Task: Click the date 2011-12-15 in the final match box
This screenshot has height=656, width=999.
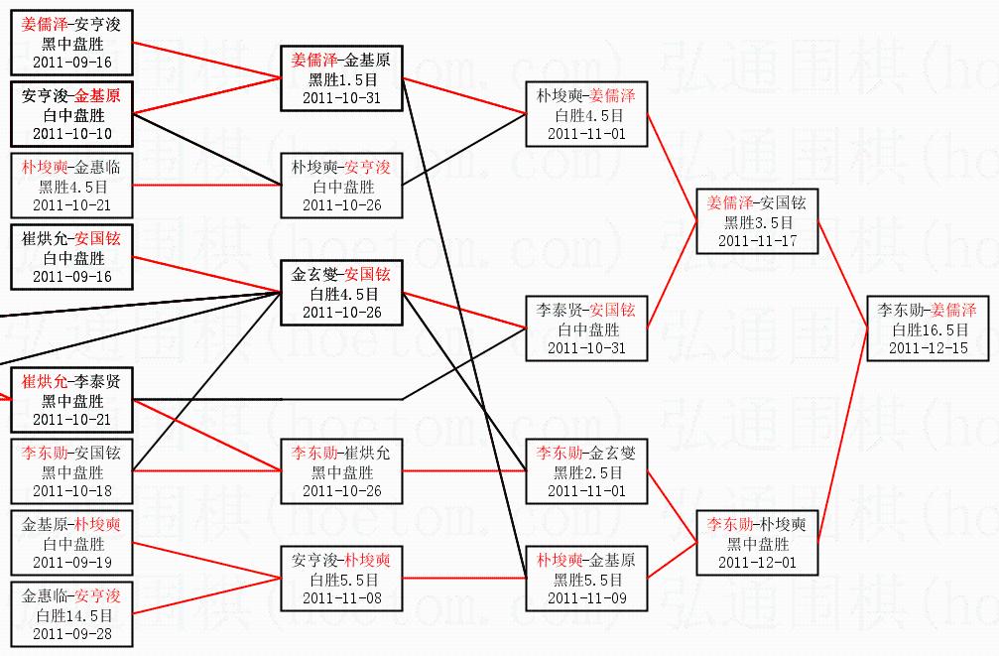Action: pos(928,348)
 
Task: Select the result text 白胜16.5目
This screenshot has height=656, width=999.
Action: pos(928,329)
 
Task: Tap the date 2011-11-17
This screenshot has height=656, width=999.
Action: pos(757,240)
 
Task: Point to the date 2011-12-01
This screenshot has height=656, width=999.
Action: pos(757,562)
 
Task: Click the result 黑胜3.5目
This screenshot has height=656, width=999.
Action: pos(757,222)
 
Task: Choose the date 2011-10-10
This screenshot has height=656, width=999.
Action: pos(72,133)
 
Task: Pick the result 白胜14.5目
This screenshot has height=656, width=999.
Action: pos(72,615)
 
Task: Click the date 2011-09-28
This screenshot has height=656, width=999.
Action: pos(72,633)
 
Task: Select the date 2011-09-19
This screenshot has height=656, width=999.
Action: pos(72,562)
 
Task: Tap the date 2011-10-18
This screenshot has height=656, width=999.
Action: pos(72,490)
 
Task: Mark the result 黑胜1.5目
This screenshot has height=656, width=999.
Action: pos(342,79)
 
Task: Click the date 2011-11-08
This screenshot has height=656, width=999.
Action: pos(342,597)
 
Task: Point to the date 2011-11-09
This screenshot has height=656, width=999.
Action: pos(586,597)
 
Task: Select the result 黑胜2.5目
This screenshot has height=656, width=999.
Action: pos(586,472)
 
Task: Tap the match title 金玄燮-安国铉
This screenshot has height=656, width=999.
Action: pos(342,275)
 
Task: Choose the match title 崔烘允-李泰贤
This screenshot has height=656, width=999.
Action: pos(72,382)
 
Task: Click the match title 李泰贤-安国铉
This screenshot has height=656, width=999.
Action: pos(586,311)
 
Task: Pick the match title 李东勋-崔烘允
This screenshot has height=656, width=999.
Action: pos(342,454)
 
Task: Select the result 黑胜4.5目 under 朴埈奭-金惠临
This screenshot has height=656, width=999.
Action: pos(72,187)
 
